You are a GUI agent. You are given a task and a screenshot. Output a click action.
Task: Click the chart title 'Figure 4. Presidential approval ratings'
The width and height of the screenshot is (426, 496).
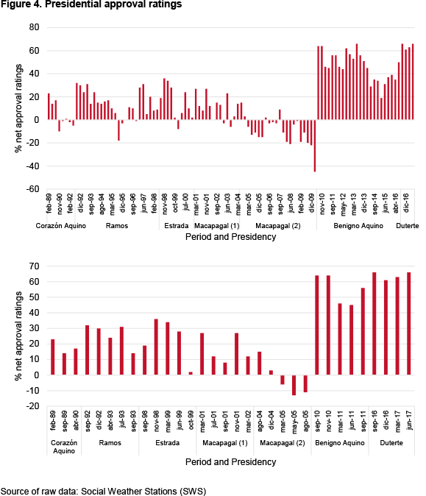(91, 4)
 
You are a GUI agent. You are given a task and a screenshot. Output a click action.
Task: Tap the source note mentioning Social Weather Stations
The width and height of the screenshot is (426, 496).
(104, 492)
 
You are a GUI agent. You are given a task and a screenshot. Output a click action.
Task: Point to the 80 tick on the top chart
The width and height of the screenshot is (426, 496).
(34, 27)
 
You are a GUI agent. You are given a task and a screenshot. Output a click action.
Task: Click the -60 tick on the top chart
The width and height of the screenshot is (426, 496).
(32, 189)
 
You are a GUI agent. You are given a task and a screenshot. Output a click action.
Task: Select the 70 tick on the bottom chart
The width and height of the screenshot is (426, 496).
(34, 266)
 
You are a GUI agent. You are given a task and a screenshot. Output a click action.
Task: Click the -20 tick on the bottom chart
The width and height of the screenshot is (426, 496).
(32, 405)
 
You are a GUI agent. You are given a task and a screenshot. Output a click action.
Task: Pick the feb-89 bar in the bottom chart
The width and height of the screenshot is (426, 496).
(53, 357)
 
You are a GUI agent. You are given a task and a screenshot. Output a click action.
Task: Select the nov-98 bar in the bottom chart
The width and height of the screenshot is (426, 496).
(156, 347)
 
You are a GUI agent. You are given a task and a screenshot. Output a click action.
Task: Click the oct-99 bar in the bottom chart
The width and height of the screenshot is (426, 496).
(191, 373)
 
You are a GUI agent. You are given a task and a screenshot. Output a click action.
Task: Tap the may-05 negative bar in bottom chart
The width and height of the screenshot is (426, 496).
(294, 385)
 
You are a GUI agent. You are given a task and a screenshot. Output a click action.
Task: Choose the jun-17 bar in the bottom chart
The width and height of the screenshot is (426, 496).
(408, 324)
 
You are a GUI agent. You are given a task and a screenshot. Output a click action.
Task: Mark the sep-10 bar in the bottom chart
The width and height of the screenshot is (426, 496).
(317, 325)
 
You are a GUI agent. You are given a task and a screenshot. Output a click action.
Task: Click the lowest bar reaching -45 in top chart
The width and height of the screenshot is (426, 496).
(315, 146)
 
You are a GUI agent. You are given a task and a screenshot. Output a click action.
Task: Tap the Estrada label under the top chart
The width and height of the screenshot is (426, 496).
(176, 226)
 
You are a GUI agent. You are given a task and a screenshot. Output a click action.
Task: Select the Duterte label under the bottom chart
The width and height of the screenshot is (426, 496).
(391, 443)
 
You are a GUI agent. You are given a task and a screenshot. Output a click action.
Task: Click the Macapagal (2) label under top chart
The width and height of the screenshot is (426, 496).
(278, 226)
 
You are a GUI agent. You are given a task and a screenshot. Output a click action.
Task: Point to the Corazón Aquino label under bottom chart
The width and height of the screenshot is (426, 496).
(64, 447)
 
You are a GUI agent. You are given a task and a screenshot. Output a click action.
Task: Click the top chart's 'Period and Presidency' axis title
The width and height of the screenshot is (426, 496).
(230, 237)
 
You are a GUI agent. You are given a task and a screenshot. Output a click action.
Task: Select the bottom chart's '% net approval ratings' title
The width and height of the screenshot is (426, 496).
(18, 336)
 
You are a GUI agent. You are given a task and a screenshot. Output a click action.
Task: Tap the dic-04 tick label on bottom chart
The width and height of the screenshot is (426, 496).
(271, 419)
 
